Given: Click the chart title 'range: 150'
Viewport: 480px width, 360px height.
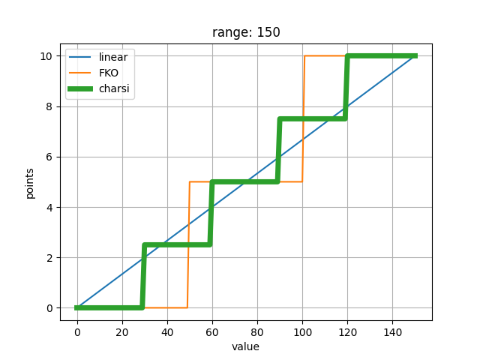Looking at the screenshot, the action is point(246,32).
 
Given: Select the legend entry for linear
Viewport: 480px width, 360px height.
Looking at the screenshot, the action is point(98,57).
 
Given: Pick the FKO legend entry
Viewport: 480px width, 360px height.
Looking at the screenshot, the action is point(94,73).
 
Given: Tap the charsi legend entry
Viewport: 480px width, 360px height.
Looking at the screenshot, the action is point(99,88).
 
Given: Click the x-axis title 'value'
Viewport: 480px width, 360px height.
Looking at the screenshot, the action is point(245,346).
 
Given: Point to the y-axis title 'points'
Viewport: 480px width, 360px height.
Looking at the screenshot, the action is point(30,183).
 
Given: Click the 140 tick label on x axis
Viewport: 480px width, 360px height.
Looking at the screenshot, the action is point(392,332).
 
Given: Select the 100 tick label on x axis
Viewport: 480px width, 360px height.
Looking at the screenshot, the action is point(302,332).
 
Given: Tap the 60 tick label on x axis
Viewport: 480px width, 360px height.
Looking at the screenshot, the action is point(212,332).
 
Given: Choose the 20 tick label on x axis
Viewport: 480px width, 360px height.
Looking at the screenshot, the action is point(122,332).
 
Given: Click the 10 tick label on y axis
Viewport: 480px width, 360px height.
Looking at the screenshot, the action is point(46,56).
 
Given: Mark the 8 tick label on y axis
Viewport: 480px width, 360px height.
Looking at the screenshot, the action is point(49,106).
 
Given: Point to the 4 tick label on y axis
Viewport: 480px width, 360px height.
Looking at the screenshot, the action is point(49,208).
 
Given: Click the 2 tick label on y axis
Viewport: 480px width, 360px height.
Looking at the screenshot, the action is point(49,258).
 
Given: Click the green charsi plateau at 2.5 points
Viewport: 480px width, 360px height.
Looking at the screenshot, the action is point(177,244).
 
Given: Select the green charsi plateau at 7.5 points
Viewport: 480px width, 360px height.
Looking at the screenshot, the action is point(313,118).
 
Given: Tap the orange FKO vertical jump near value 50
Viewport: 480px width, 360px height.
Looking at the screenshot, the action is point(188,244).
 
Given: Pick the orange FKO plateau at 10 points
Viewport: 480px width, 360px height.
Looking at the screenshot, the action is point(325,55).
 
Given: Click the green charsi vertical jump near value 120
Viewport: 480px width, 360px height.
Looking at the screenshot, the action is point(346,87).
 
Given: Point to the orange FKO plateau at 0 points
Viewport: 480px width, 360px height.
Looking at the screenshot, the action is point(166,307).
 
